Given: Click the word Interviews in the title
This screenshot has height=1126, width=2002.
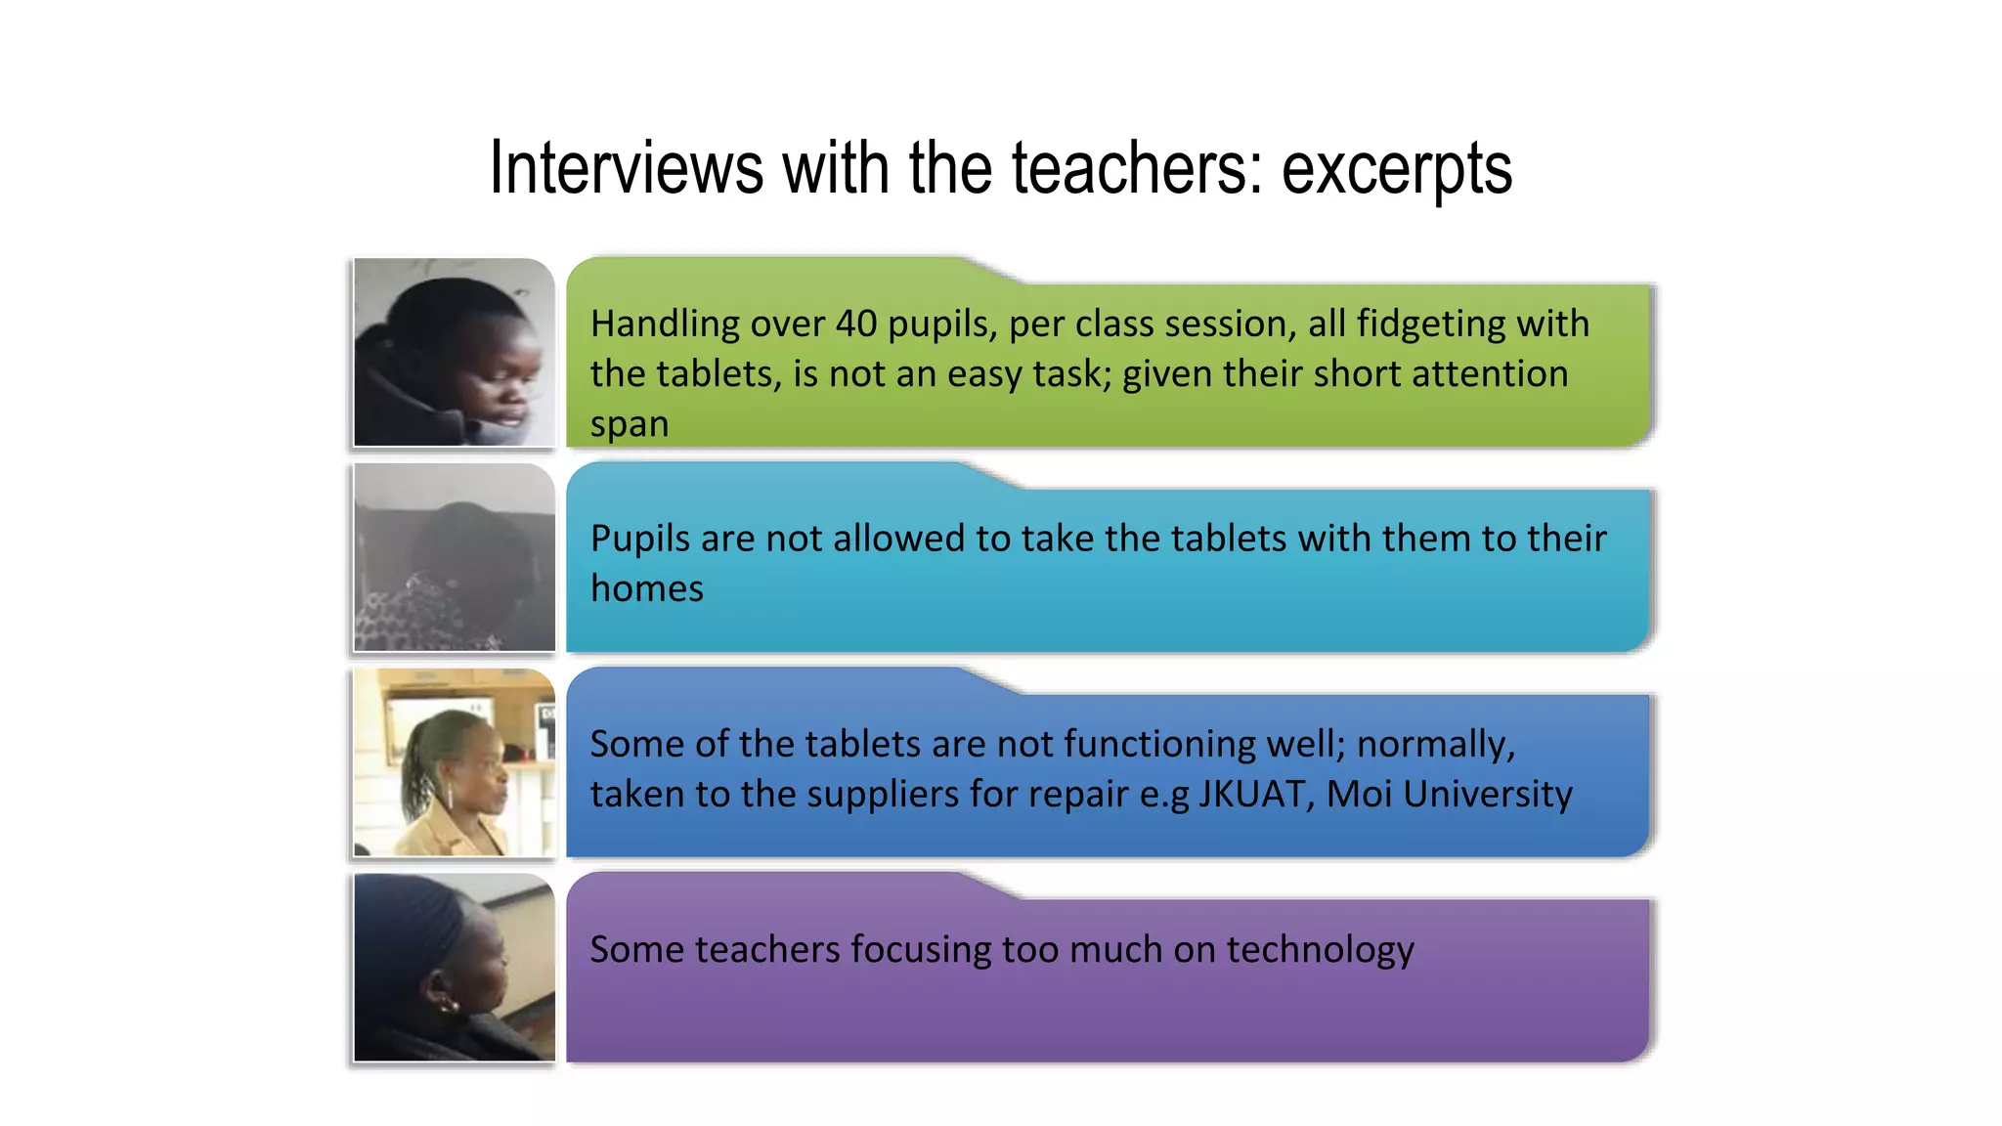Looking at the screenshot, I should point(626,168).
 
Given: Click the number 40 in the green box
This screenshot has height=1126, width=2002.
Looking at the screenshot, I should point(856,324).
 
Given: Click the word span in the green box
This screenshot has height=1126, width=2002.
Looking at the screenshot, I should point(630,425).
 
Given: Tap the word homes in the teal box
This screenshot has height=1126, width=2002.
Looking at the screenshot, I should point(646,588).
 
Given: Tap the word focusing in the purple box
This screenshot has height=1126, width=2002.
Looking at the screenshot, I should point(920,950).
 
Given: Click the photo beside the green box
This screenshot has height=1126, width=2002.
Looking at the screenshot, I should point(455,352).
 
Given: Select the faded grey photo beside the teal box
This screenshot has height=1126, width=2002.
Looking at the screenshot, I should point(455,557).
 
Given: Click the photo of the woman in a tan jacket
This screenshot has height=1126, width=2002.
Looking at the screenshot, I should point(455,762).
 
